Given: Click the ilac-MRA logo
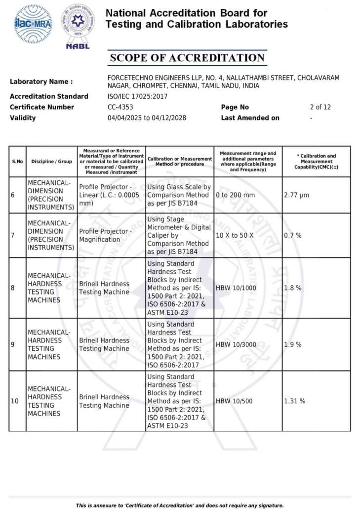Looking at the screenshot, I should pos(33,24).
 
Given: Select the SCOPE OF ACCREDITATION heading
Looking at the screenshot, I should pos(187,58).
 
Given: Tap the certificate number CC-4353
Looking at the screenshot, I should pos(120,107).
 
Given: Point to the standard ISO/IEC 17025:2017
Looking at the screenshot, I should pos(137,96).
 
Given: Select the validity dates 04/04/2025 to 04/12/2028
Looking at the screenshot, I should pos(147,118).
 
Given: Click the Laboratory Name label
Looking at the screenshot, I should pos(41,82).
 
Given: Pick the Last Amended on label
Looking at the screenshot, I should pos(250,118).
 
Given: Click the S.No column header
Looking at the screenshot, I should pos(17,162).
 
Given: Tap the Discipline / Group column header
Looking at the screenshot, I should pos(51,162).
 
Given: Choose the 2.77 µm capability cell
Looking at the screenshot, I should pos(296,195).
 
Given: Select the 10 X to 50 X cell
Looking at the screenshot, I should pos(235,235).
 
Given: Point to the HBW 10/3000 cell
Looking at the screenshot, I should pos(236,344).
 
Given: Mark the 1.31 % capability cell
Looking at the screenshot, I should pos(294,401).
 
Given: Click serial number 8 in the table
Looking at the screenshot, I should pos(12,288).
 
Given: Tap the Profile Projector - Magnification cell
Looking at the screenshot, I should pos(106,235).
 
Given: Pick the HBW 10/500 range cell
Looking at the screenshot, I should pos(234,401).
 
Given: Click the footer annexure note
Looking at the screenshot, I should pos(180,505).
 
